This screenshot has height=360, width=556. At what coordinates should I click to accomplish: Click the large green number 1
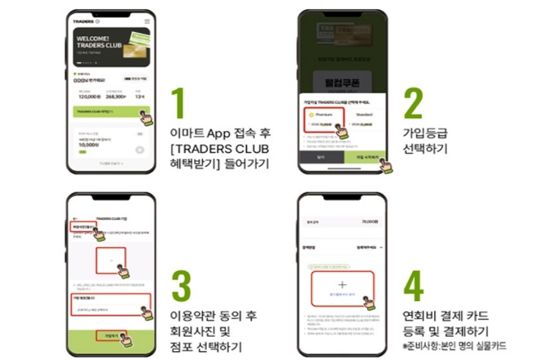coord(182,101)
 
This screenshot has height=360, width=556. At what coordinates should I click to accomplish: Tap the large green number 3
coord(182,286)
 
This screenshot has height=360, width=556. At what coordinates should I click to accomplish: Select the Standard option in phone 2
coord(367,117)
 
